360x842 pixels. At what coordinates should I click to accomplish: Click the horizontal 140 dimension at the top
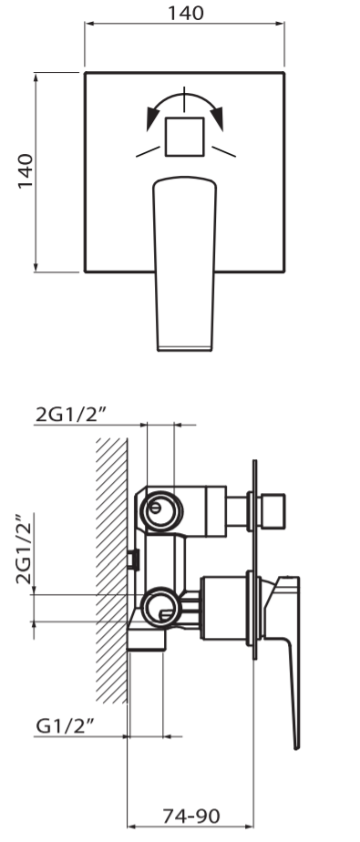(186, 13)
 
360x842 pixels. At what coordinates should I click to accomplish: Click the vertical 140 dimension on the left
(26, 171)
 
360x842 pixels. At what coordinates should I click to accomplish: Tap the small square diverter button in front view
(184, 137)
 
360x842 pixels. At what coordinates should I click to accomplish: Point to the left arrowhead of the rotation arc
(152, 118)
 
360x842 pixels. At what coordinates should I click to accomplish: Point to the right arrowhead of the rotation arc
(217, 118)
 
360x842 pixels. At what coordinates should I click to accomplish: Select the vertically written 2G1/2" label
(26, 549)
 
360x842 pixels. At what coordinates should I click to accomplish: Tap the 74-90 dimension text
(191, 816)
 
